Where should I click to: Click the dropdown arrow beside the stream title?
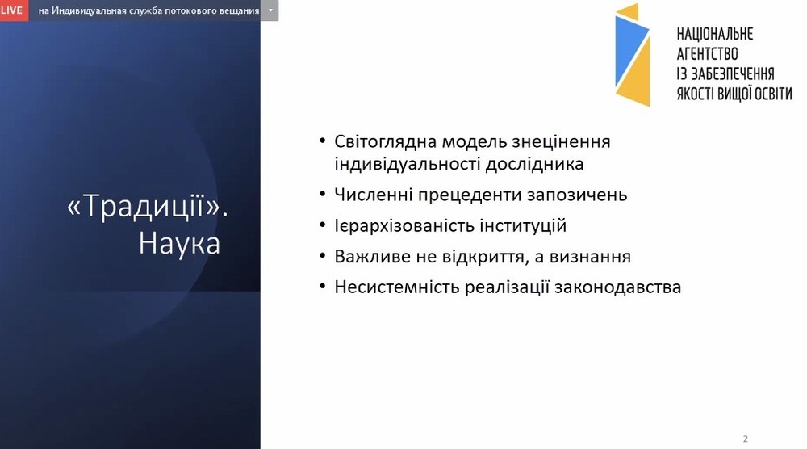pyautogui.click(x=270, y=10)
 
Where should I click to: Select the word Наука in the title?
pyautogui.click(x=179, y=244)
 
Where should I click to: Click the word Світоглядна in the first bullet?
pyautogui.click(x=386, y=142)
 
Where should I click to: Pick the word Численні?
pyautogui.click(x=373, y=195)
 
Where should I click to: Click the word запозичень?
pyautogui.click(x=576, y=195)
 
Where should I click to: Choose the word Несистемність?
pyautogui.click(x=397, y=287)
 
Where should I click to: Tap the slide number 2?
pyautogui.click(x=745, y=439)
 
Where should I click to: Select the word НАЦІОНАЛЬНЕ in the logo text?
pyautogui.click(x=715, y=34)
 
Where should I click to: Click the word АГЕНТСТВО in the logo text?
pyautogui.click(x=707, y=53)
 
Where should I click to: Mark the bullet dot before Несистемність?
pyautogui.click(x=323, y=287)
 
